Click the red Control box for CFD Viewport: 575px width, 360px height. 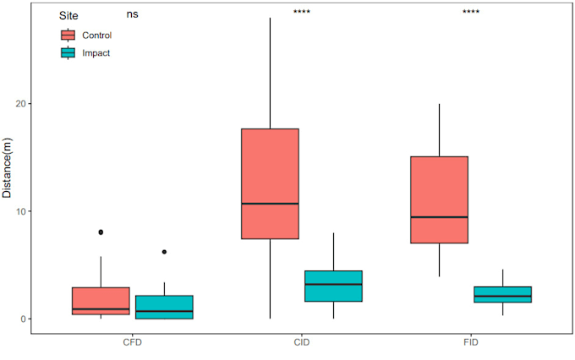click(101, 301)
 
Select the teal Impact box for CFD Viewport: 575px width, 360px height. click(164, 307)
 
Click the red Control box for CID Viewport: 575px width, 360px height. click(270, 183)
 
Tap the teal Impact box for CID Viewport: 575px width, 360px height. click(333, 286)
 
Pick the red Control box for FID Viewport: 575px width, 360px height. click(439, 199)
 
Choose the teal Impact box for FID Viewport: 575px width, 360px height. click(502, 294)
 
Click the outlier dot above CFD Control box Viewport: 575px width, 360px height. click(101, 232)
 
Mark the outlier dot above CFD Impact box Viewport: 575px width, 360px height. click(164, 252)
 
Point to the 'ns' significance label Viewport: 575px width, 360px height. click(133, 14)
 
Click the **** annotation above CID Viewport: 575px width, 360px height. click(302, 13)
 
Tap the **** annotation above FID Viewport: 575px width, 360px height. click(471, 13)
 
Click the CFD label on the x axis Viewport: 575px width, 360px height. click(133, 345)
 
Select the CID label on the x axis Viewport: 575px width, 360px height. click(302, 345)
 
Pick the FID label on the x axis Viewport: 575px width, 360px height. click(471, 345)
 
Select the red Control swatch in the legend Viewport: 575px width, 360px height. click(68, 35)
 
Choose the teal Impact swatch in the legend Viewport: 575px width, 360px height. click(68, 52)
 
